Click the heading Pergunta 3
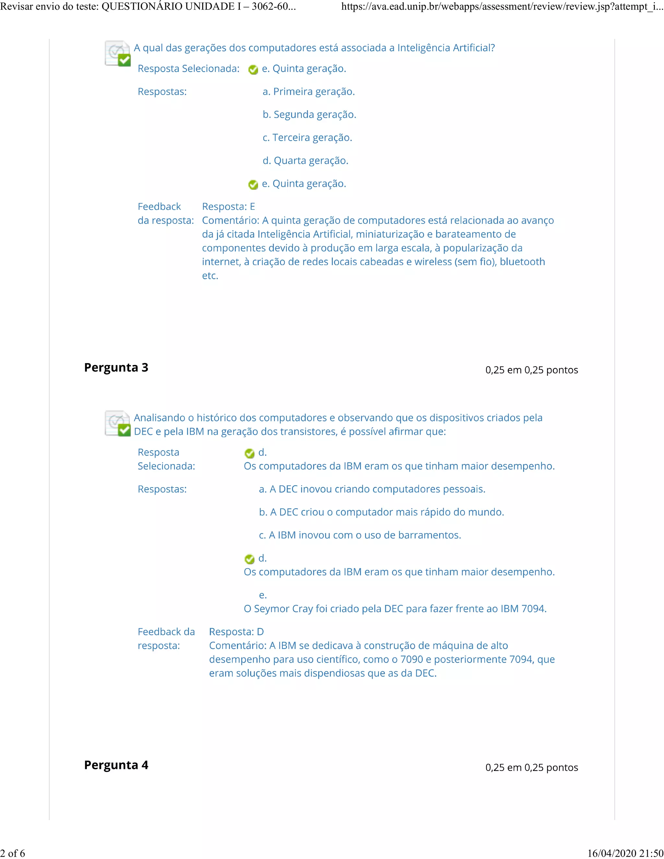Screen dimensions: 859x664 tap(116, 367)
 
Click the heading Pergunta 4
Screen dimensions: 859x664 tap(116, 765)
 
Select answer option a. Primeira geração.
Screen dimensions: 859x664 tap(308, 92)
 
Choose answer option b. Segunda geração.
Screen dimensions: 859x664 tap(309, 114)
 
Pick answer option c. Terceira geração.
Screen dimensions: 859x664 tap(307, 138)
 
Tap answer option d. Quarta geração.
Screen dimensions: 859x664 tap(305, 160)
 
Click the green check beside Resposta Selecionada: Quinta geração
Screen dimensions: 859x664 tap(253, 70)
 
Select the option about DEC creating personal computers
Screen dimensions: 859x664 tap(372, 489)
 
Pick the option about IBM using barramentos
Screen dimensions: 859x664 tap(360, 535)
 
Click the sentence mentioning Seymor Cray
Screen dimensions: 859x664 tap(395, 609)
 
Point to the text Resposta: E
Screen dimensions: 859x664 tap(229, 206)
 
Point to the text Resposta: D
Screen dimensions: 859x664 tap(236, 632)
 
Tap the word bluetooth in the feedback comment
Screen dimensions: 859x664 tap(522, 262)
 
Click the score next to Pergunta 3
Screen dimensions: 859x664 tap(531, 370)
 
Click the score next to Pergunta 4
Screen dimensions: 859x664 tap(531, 767)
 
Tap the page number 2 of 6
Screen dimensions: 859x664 tap(13, 853)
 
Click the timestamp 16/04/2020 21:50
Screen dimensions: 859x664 tap(625, 853)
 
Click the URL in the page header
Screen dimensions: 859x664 tap(502, 7)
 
